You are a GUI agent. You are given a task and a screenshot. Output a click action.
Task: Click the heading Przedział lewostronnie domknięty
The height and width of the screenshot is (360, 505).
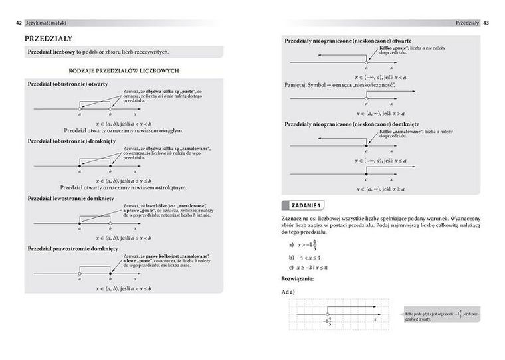point(70,198)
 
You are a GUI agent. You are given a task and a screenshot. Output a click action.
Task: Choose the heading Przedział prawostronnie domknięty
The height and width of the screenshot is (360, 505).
point(72,248)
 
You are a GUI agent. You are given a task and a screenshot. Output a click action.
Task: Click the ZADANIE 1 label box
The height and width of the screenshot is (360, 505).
point(303,204)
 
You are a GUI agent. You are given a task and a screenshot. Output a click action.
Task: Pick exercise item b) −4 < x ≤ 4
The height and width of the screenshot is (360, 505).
point(305,256)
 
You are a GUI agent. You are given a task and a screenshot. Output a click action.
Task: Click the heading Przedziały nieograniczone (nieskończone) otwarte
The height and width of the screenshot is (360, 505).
point(348,41)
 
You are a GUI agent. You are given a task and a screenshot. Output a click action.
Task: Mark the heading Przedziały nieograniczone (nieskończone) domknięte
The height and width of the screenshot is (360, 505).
point(351,124)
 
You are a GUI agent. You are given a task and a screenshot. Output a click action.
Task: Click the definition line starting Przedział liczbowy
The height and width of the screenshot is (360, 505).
point(98,52)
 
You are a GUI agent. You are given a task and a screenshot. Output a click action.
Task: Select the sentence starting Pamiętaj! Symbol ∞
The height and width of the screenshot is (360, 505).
point(340,86)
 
